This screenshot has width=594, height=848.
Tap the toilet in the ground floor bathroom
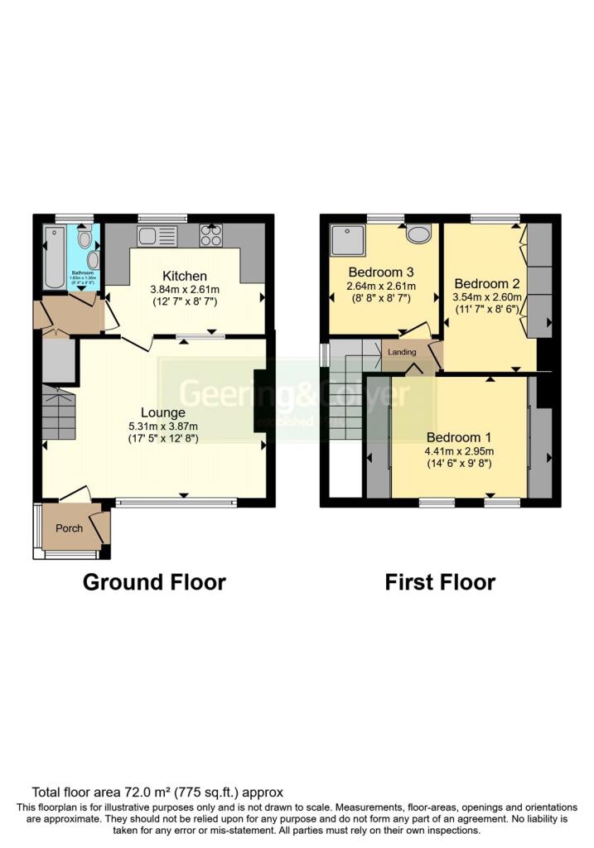(x=84, y=238)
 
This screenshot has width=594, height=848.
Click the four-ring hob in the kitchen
(x=210, y=236)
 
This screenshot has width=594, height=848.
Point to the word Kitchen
(x=184, y=276)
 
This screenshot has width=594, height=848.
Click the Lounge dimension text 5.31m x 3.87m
(x=162, y=426)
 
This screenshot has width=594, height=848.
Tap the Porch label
(x=69, y=528)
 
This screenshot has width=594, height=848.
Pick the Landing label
(x=402, y=352)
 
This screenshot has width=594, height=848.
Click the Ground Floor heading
(x=154, y=582)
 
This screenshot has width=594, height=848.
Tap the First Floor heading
(x=440, y=582)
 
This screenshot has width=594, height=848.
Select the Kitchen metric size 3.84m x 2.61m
(x=184, y=289)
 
